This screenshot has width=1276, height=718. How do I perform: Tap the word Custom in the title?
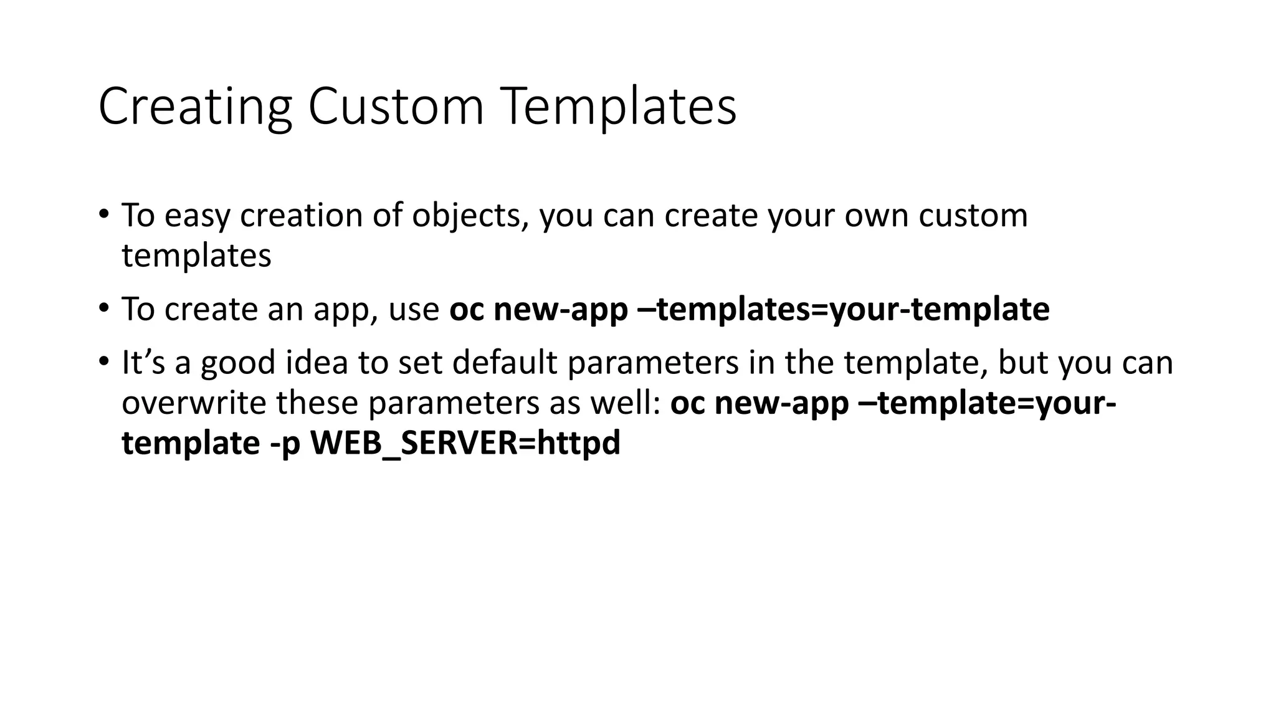click(396, 107)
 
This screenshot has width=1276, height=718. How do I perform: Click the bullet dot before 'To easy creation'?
click(103, 214)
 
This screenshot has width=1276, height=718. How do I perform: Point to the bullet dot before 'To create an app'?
click(103, 308)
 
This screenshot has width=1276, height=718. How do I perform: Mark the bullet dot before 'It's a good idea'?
click(103, 361)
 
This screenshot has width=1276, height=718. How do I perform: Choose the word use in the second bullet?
click(414, 309)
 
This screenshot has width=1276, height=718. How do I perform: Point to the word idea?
click(317, 363)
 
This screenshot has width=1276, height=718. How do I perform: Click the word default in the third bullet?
click(505, 363)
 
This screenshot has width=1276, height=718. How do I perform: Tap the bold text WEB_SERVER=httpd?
click(465, 444)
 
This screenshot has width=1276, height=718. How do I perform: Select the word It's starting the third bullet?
click(143, 363)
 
